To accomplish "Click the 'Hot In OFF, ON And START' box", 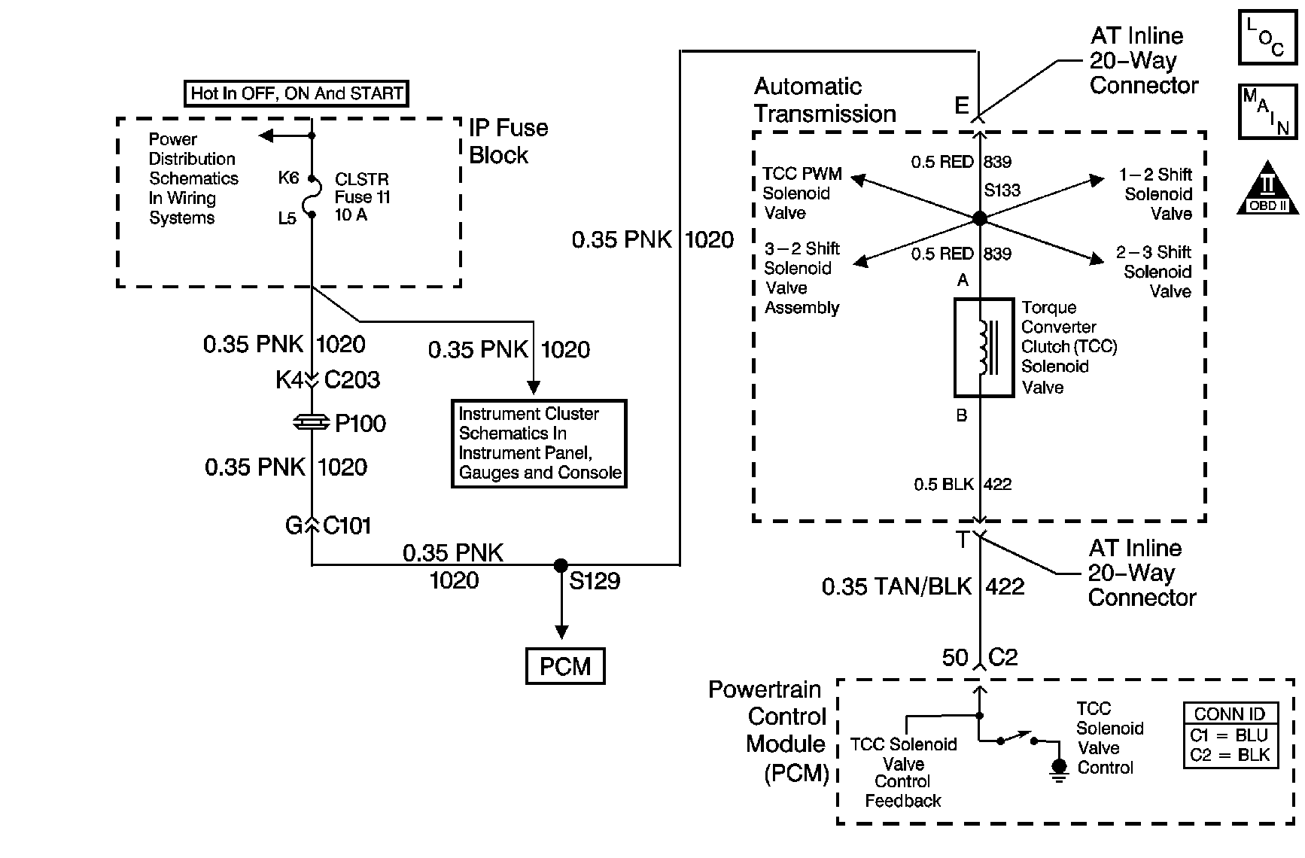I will (297, 93).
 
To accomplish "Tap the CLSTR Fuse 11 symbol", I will (312, 197).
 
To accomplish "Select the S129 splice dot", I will (561, 565).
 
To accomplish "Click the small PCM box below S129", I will (565, 666).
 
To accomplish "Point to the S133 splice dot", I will (979, 218).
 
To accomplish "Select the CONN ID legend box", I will (1230, 735).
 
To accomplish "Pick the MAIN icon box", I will (1267, 111).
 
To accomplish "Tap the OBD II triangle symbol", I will (1267, 188).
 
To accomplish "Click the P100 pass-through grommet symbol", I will (312, 423).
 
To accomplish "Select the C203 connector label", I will (351, 379).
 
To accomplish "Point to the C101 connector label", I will (347, 525).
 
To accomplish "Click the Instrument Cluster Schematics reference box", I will (539, 443).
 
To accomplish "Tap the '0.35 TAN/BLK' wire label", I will (896, 586).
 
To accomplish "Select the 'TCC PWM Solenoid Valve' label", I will (802, 193).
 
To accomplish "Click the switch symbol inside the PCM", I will (1017, 738).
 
